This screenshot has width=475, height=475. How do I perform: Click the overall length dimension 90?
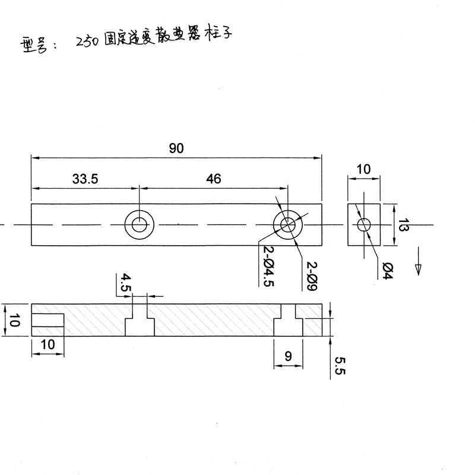[176, 149]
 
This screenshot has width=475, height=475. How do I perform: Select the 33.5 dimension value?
[85, 179]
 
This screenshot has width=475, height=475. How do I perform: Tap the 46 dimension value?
[214, 179]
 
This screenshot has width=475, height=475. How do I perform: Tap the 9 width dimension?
[288, 357]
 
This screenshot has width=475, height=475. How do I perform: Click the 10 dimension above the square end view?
[363, 170]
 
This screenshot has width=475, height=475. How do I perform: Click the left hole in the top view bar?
[140, 224]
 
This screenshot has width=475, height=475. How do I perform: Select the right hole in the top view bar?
[288, 224]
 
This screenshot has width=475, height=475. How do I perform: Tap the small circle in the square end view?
[363, 224]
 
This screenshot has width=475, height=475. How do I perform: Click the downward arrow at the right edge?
[418, 264]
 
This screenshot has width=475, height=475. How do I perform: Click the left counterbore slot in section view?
[140, 321]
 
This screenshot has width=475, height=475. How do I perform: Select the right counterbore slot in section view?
[288, 321]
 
